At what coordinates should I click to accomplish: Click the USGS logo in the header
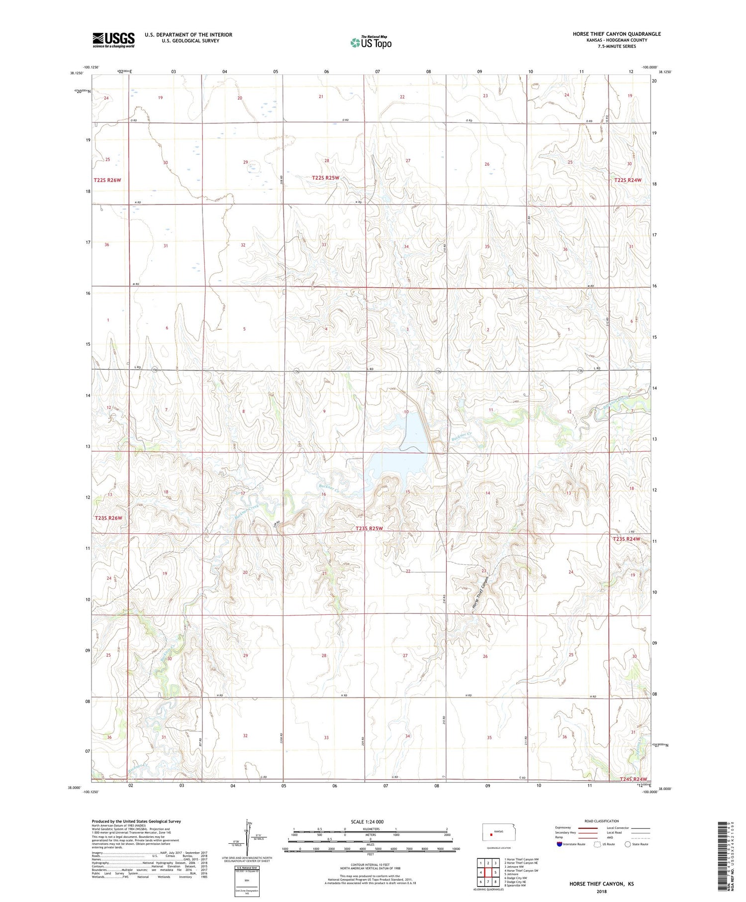pos(113,40)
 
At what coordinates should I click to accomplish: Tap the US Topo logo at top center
pos(371,43)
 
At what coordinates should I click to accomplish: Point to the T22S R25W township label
pos(325,178)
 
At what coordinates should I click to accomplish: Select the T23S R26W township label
pos(108,518)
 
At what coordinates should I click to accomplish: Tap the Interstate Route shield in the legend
pos(559,844)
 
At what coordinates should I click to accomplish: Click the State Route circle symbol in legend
pos(628,844)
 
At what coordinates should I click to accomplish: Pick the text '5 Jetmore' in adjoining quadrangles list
pos(512,874)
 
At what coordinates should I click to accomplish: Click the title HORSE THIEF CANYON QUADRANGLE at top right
pos(617,34)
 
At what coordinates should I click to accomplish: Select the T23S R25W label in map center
pos(369,528)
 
